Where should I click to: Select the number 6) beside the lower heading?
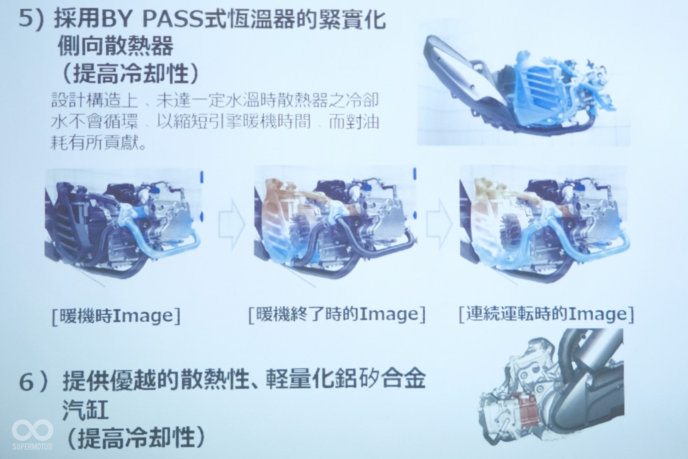34,382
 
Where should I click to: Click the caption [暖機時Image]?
116,316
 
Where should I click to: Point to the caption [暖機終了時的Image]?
337,314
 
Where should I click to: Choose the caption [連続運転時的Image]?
546,313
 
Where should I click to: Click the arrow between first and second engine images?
231,224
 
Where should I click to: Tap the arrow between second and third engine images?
439,223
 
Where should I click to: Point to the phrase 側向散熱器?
116,47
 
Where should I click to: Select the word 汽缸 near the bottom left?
85,410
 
